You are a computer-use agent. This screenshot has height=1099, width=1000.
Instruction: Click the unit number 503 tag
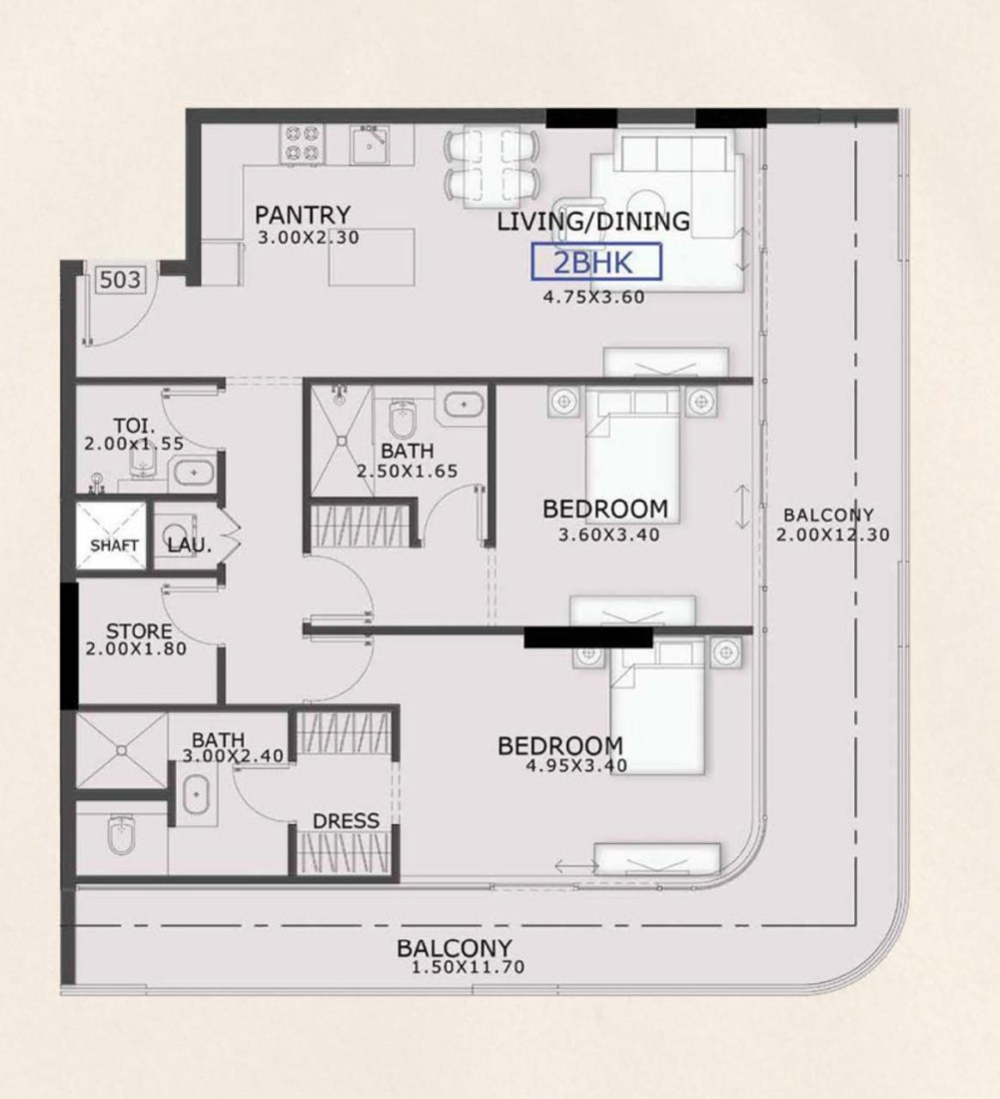[120, 280]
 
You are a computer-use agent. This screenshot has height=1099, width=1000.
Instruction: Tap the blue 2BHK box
[596, 262]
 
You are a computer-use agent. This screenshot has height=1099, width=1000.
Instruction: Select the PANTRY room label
[303, 215]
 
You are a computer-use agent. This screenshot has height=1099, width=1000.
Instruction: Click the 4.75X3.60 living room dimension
[593, 297]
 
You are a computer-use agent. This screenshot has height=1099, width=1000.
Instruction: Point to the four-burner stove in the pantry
[302, 144]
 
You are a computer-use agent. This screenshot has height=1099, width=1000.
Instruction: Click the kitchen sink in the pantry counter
[372, 144]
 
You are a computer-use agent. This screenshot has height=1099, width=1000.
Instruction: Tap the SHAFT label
[114, 546]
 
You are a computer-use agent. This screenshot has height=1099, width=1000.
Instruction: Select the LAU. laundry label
[189, 545]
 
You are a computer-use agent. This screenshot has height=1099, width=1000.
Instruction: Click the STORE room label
[139, 630]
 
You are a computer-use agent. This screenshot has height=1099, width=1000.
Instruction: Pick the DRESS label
[347, 820]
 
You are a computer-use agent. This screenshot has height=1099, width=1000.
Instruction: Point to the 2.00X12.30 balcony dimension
[832, 535]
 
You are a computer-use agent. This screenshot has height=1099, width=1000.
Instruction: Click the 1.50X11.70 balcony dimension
[468, 967]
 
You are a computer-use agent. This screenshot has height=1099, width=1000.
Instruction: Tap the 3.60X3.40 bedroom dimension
[609, 535]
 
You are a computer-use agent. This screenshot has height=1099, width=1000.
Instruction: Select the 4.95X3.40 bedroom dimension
[576, 765]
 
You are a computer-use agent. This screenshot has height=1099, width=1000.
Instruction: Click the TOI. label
[135, 427]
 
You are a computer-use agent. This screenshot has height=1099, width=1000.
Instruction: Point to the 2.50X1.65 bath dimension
[408, 471]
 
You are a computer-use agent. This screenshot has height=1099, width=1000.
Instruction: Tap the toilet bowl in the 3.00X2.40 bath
[121, 834]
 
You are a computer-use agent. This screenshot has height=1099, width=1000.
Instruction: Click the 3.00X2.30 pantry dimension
[309, 238]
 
